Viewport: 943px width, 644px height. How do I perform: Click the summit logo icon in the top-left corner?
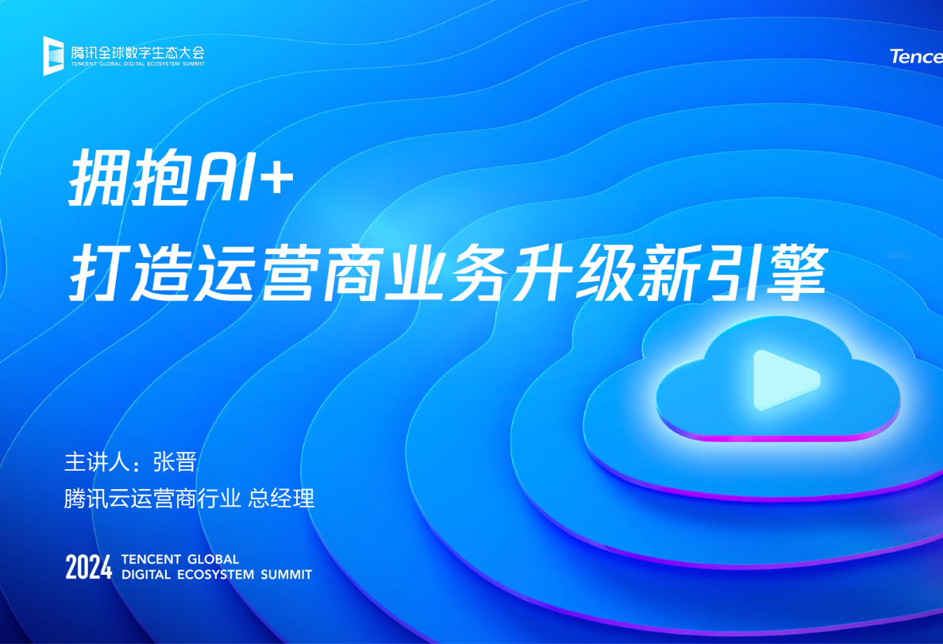53,55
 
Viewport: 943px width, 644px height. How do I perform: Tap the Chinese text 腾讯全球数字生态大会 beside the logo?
137,52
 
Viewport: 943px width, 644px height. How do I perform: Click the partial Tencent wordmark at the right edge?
916,56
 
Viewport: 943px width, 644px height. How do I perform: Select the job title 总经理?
282,499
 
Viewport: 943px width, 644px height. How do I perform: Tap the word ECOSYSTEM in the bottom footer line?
212,574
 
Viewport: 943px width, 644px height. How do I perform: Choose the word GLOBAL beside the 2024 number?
212,559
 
